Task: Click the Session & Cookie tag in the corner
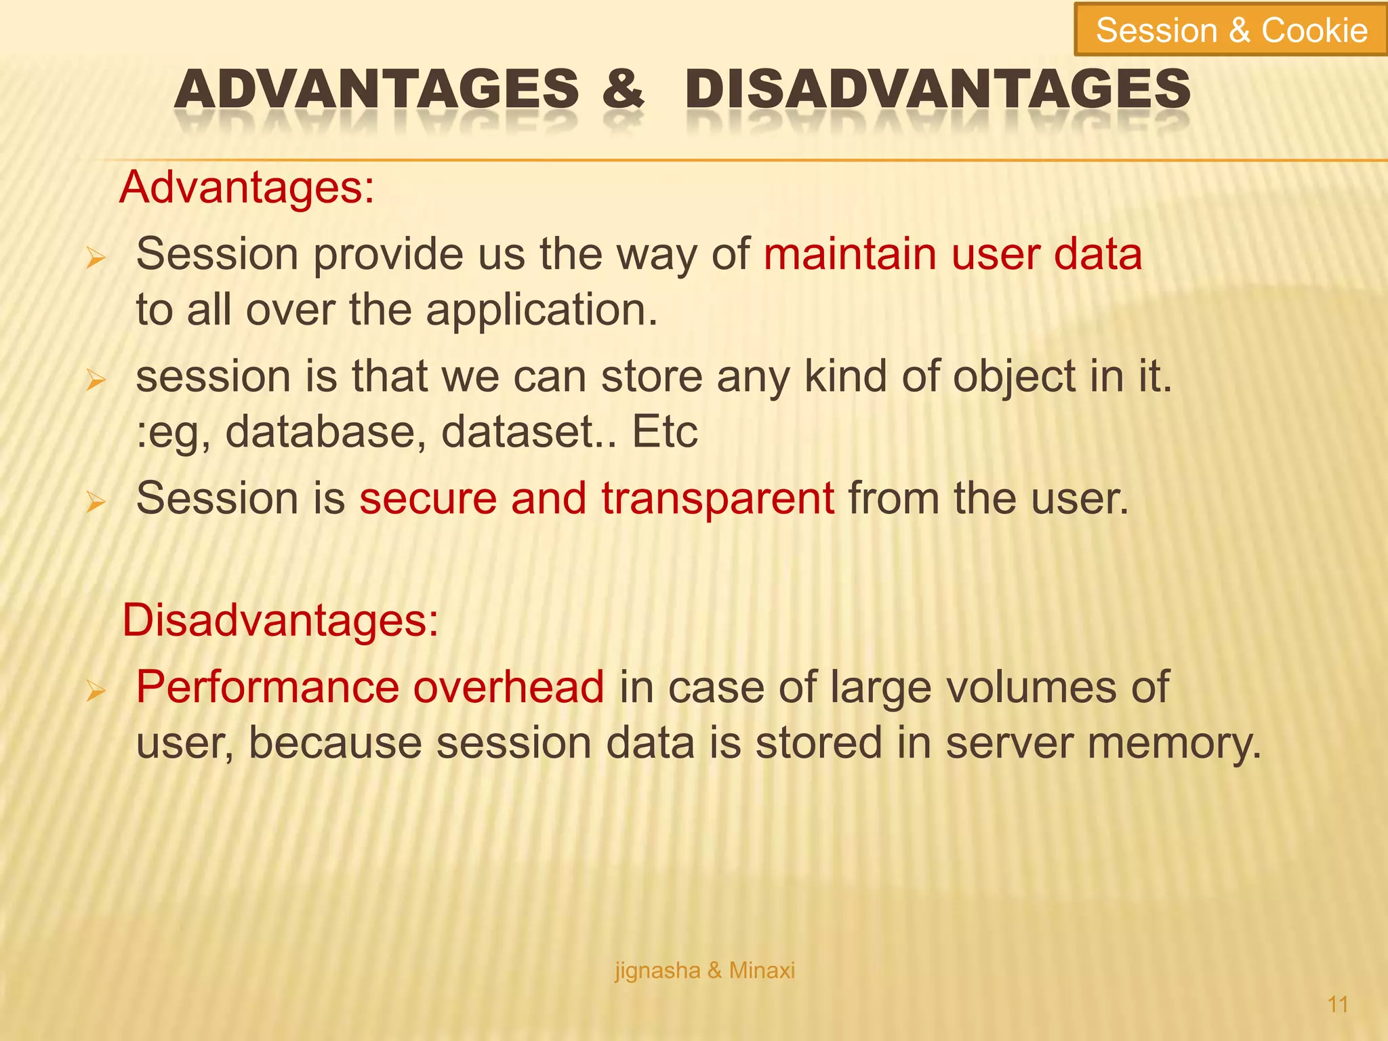click(x=1231, y=30)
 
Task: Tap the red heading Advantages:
click(x=247, y=187)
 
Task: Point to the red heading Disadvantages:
click(x=281, y=620)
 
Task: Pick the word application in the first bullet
click(x=541, y=310)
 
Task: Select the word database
click(x=325, y=432)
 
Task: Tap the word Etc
click(x=664, y=432)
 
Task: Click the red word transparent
click(x=718, y=498)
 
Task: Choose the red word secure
click(x=428, y=498)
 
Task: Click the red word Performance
click(x=268, y=687)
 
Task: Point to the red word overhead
click(x=508, y=687)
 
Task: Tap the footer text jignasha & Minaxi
click(x=705, y=971)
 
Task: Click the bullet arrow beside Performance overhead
click(x=96, y=691)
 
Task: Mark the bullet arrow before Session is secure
click(x=96, y=502)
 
